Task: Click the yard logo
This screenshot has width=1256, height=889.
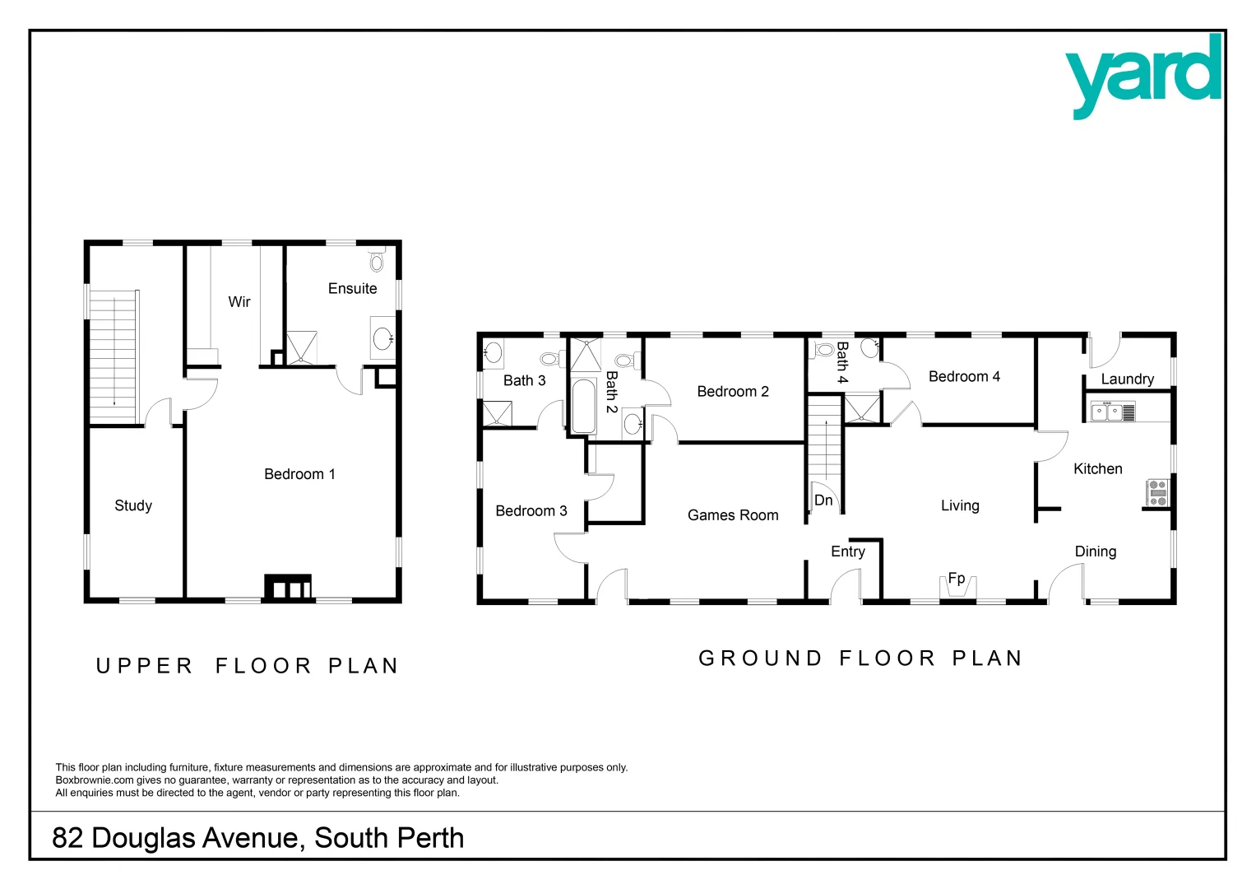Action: click(x=1143, y=76)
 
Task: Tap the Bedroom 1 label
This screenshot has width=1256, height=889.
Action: click(x=299, y=474)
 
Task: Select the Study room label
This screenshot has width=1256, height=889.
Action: click(x=133, y=505)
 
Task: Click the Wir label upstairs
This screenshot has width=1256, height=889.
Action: click(x=239, y=302)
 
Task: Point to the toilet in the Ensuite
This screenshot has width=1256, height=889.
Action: click(x=377, y=261)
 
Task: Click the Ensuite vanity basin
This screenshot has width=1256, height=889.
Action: click(x=382, y=337)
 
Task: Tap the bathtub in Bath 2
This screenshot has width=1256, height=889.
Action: click(x=583, y=406)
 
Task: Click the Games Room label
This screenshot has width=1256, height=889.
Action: click(x=733, y=515)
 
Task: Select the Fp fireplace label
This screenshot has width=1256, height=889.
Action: click(x=957, y=578)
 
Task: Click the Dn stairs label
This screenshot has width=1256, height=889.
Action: click(x=823, y=500)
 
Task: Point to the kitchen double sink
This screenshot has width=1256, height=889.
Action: click(x=1107, y=412)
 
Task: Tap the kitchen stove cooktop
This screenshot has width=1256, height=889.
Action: click(x=1157, y=492)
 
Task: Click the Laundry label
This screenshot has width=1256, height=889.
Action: click(x=1127, y=379)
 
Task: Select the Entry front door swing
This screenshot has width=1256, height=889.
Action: click(x=845, y=585)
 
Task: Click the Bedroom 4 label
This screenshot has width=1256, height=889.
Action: click(x=964, y=376)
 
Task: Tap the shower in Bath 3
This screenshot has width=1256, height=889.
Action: click(x=497, y=413)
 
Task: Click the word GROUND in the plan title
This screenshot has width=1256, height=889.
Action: click(x=760, y=659)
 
